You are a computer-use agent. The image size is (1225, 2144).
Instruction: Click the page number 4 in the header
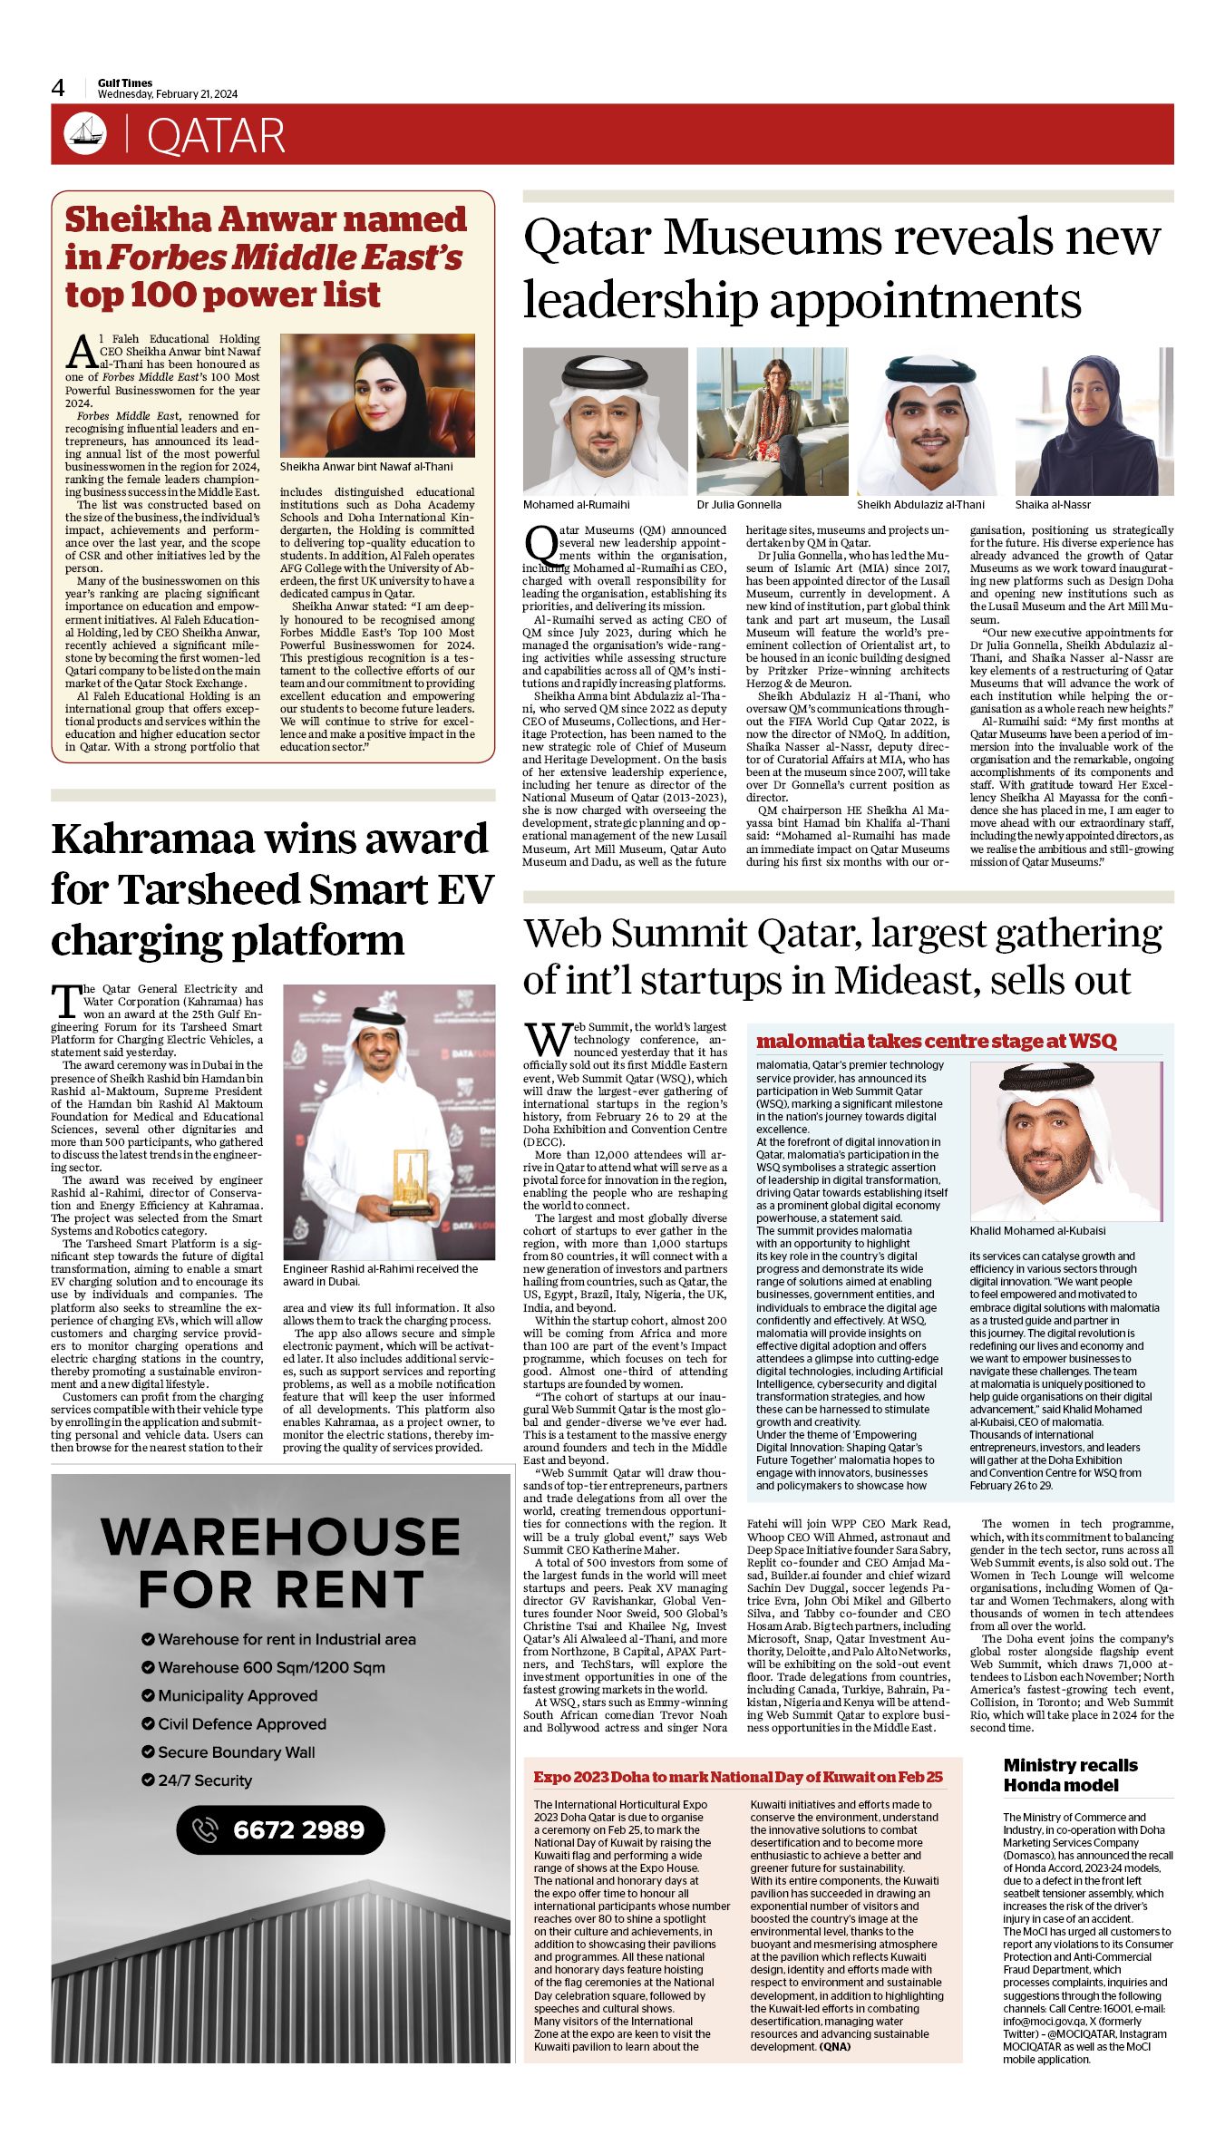(x=58, y=88)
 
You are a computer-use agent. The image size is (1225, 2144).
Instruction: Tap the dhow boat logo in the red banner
(x=85, y=134)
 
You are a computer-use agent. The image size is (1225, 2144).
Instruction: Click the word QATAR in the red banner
(x=216, y=137)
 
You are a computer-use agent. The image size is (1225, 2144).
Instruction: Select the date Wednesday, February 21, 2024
(x=168, y=94)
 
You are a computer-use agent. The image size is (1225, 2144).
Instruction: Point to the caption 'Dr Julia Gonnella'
(x=739, y=505)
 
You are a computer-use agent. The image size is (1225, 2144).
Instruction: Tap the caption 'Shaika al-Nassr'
(x=1053, y=505)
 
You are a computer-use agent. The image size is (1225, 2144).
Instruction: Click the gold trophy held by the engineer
(x=409, y=1182)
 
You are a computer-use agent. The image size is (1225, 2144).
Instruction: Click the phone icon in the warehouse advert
(x=206, y=1829)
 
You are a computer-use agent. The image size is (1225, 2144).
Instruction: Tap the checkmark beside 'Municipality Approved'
(x=148, y=1695)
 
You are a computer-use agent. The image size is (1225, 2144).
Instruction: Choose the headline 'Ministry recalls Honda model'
(x=1070, y=1775)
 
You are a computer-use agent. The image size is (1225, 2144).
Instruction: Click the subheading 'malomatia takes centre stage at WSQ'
(x=936, y=1041)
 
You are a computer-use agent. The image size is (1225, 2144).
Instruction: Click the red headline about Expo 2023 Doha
(x=737, y=1777)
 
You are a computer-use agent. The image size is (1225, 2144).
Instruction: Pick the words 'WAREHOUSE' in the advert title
(x=280, y=1538)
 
